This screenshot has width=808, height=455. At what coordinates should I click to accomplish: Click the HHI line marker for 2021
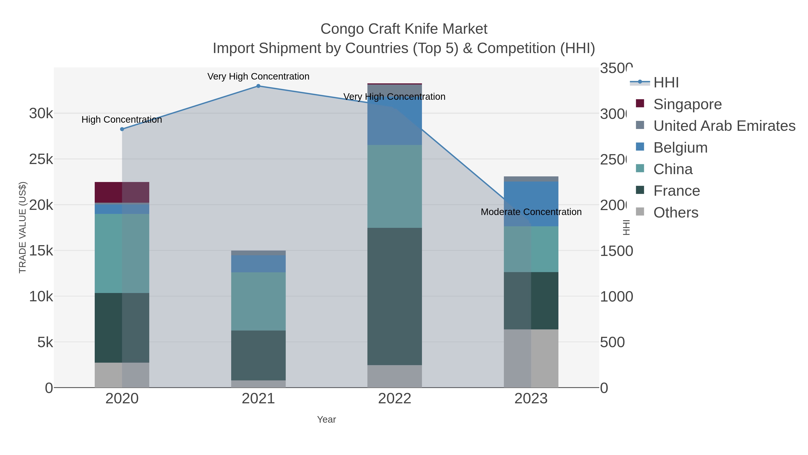(258, 86)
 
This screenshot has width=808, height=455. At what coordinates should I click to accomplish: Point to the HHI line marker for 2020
(122, 129)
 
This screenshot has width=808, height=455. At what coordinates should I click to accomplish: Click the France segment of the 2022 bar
(394, 296)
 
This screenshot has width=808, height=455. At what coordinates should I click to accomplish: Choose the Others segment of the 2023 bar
(531, 358)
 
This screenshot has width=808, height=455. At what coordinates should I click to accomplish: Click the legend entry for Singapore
(687, 104)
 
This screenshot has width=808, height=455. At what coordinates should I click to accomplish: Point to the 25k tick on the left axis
(41, 159)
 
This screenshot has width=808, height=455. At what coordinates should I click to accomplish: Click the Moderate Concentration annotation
(531, 212)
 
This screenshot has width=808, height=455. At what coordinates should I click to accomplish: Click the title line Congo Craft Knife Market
(404, 29)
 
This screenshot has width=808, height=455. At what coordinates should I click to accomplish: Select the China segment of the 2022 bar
(394, 186)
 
